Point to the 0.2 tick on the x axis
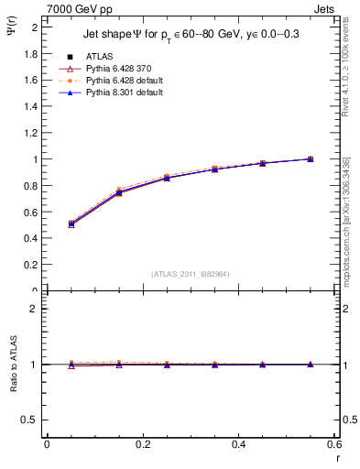click(142, 445)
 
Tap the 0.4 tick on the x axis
click(238, 445)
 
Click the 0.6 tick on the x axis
click(334, 445)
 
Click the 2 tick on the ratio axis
click(34, 309)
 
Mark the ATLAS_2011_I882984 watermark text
click(190, 274)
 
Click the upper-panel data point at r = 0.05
click(71, 224)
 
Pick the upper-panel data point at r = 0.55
click(311, 158)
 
